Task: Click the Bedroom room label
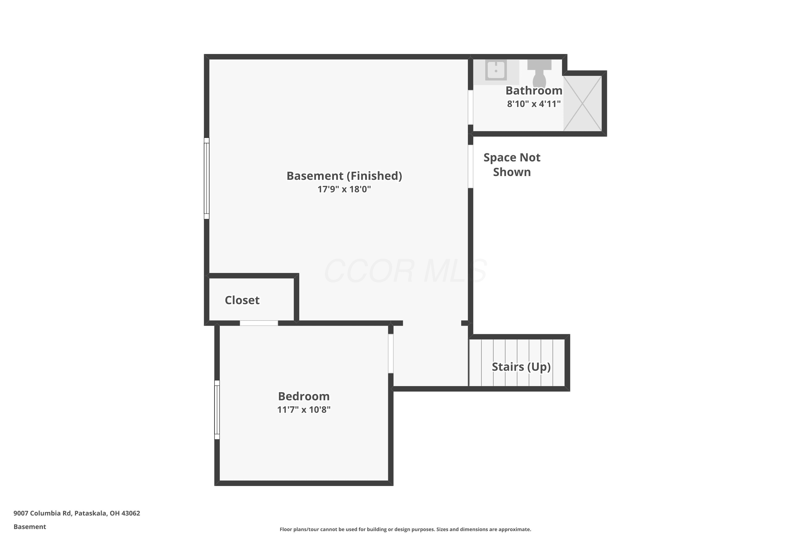point(304,396)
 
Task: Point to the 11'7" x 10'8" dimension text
point(304,410)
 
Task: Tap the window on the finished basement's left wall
point(207,178)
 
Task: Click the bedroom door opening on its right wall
point(391,354)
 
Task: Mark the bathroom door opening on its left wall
point(470,107)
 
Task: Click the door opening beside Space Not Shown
point(470,166)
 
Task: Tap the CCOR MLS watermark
point(405,271)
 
